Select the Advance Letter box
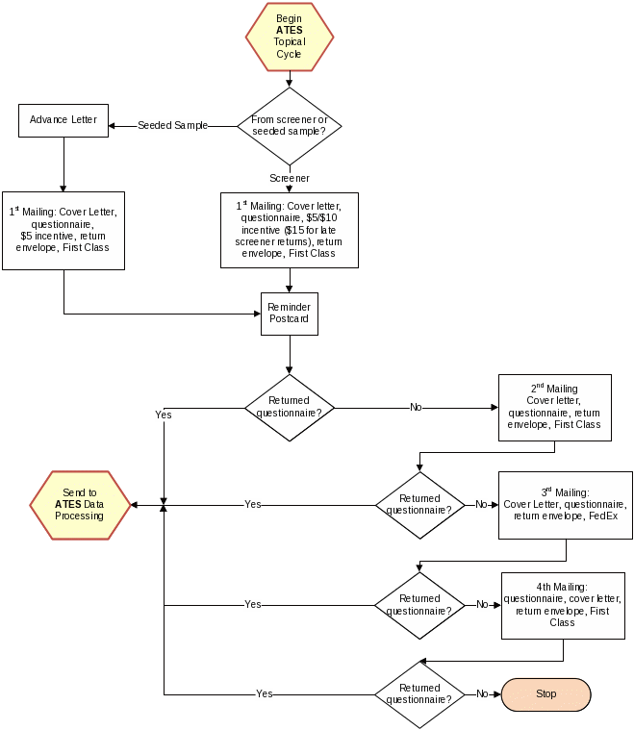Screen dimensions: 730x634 click(x=63, y=120)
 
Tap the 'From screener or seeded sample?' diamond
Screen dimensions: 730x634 click(x=290, y=125)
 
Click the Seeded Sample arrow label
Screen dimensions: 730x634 click(x=172, y=125)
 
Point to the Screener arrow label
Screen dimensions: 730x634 click(x=290, y=178)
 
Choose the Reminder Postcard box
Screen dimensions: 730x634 click(x=290, y=313)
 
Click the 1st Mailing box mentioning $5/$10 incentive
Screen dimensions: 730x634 click(x=290, y=230)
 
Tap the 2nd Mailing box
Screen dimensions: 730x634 click(x=554, y=407)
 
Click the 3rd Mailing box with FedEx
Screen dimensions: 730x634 click(x=566, y=504)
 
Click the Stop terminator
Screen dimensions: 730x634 click(x=545, y=693)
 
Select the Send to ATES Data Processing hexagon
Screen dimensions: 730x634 click(x=80, y=504)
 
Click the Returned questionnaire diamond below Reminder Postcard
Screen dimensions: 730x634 click(x=290, y=407)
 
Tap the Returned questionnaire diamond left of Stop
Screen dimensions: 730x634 click(x=419, y=693)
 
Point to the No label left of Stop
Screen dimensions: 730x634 click(x=482, y=693)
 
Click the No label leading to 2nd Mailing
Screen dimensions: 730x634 click(x=416, y=407)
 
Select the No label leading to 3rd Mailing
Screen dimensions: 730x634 click(x=481, y=504)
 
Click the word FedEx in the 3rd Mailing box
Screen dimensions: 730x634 click(x=603, y=516)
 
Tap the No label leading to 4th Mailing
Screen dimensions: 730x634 click(x=483, y=605)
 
